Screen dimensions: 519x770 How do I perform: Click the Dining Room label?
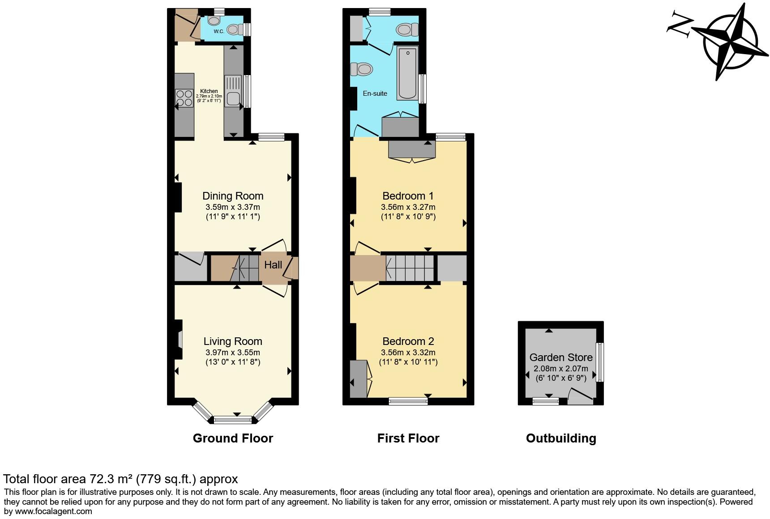(233, 196)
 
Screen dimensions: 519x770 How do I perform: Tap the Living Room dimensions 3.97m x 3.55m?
(233, 353)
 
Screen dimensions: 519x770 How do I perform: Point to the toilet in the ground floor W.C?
(233, 30)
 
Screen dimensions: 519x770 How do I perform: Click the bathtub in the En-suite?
(407, 72)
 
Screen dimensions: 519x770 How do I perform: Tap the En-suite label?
(375, 94)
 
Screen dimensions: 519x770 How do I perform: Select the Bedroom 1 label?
(408, 196)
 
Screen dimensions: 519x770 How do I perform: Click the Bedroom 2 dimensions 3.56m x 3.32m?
(408, 353)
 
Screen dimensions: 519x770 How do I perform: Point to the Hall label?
(273, 265)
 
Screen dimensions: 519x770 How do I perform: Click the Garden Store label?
(561, 357)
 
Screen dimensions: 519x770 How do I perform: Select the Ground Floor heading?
(233, 438)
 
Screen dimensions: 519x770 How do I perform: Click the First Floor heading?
(408, 438)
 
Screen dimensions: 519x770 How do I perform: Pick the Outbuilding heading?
(561, 438)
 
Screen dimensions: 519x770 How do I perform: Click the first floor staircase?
(410, 268)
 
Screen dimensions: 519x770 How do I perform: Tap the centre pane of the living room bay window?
(233, 420)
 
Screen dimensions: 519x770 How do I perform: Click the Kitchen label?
(209, 91)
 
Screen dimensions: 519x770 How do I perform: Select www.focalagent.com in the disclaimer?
(54, 511)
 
